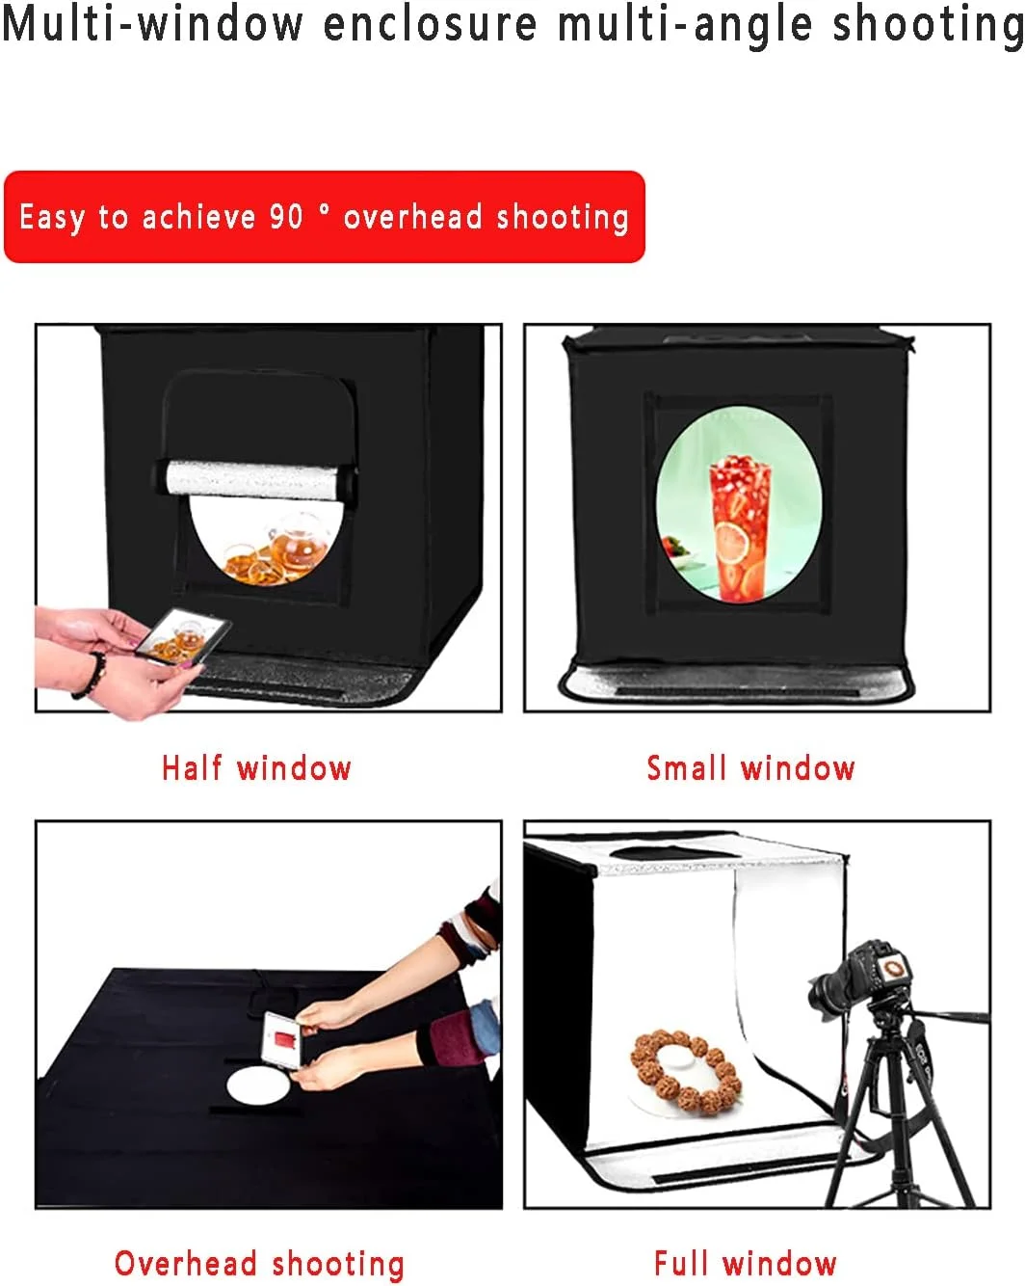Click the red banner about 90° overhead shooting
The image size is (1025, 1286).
pyautogui.click(x=325, y=216)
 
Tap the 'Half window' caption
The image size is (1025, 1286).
pyautogui.click(x=256, y=768)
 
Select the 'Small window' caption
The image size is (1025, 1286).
pyautogui.click(x=750, y=768)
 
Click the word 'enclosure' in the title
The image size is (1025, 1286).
pyautogui.click(x=430, y=24)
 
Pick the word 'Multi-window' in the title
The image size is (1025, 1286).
pyautogui.click(x=152, y=24)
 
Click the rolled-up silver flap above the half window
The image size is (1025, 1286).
pyautogui.click(x=255, y=479)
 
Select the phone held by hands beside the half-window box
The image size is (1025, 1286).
pyautogui.click(x=184, y=636)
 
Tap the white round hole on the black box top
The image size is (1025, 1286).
pyautogui.click(x=257, y=1085)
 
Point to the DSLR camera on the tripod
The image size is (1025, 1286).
pyautogui.click(x=860, y=978)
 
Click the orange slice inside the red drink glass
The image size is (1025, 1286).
pyautogui.click(x=731, y=543)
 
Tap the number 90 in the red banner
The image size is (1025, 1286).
pyautogui.click(x=286, y=216)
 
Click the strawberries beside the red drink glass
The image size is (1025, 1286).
pyautogui.click(x=675, y=547)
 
